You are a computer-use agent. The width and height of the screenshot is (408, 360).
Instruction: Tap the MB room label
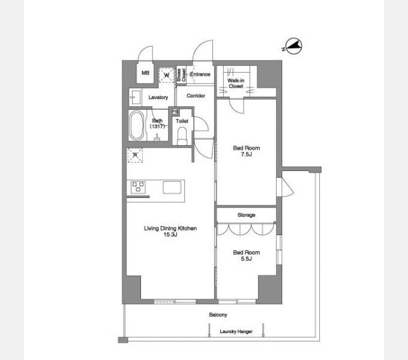(145, 74)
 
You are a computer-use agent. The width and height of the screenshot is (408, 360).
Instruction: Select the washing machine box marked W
(166, 75)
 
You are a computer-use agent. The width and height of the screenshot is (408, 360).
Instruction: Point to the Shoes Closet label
(181, 74)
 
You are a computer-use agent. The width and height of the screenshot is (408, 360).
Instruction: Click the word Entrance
(200, 74)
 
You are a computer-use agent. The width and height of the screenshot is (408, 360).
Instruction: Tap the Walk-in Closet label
(235, 83)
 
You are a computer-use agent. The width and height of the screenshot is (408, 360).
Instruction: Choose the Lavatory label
(158, 97)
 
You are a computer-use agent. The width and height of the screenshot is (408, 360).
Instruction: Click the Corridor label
(196, 96)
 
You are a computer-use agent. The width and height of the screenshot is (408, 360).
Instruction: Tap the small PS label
(175, 112)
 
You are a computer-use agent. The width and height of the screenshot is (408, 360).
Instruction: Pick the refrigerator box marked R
(135, 155)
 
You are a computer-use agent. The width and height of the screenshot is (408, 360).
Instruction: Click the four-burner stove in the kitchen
(139, 187)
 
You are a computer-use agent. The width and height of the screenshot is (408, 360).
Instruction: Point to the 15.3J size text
(170, 235)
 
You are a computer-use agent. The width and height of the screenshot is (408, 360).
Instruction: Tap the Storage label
(246, 215)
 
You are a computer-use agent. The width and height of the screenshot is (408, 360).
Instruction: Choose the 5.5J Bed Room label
(246, 256)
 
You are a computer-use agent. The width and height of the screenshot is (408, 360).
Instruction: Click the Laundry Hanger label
(236, 331)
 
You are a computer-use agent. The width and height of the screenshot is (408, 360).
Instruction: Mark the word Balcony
(218, 314)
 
